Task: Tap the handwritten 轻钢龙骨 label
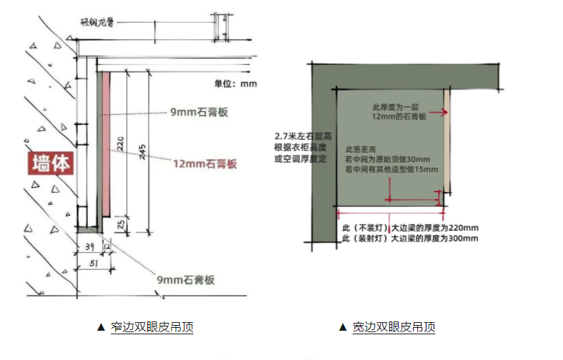[x=97, y=22]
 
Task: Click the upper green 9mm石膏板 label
[x=199, y=112]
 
